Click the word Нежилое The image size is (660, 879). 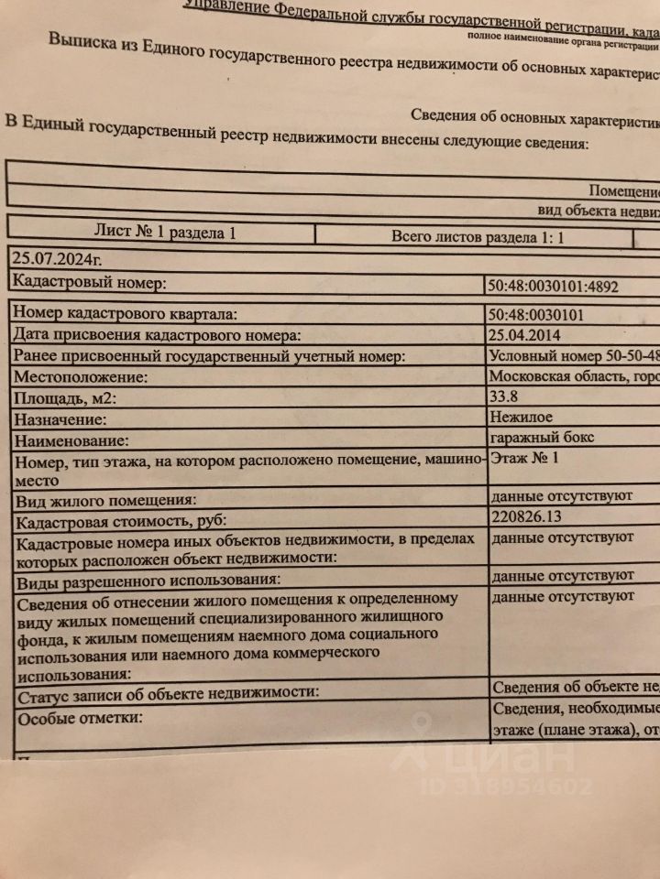(x=522, y=417)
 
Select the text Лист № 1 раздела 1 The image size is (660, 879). (x=165, y=233)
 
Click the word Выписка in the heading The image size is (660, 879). (x=87, y=42)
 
